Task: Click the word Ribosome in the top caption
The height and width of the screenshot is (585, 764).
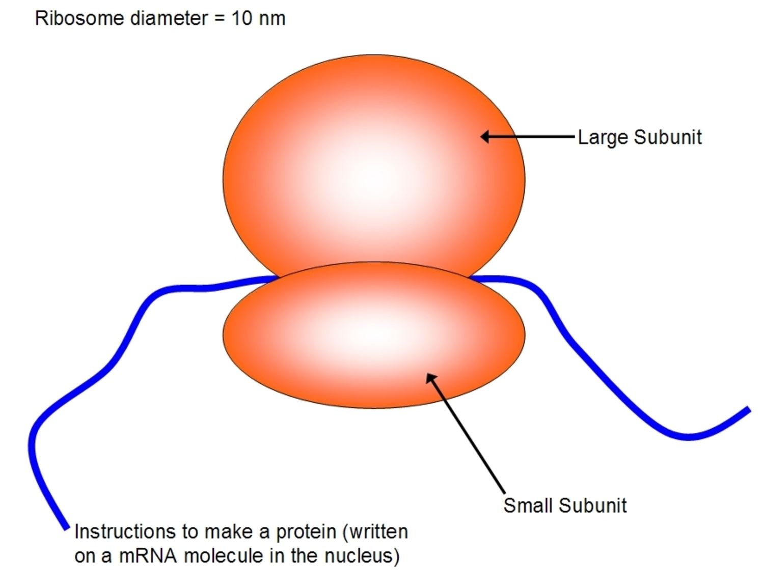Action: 79,18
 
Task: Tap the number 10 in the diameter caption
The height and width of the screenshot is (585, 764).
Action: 242,18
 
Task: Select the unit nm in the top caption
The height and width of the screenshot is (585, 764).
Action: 272,20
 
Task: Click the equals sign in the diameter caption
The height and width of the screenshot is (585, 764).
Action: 220,19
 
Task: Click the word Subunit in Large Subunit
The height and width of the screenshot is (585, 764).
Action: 668,137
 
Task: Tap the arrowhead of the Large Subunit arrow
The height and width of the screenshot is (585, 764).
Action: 484,136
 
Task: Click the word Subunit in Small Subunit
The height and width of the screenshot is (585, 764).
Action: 593,506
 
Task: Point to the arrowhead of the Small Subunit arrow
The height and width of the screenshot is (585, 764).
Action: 430,377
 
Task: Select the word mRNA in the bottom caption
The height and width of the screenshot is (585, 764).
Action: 148,556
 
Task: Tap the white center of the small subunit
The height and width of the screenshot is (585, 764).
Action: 374,332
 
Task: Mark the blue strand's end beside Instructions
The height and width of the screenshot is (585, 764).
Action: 66,528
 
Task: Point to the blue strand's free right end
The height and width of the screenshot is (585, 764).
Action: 749,409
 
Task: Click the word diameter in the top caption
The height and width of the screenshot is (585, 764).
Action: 169,18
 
